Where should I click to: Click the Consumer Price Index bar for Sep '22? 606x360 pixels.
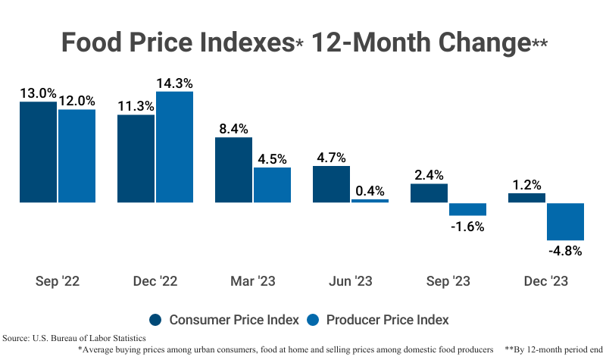pos(38,152)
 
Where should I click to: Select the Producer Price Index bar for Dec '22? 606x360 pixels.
pos(174,147)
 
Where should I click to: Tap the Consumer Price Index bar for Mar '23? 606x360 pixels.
pos(233,170)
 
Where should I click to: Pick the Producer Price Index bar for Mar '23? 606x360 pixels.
pos(272,185)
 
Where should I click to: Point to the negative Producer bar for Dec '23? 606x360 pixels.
pos(565,221)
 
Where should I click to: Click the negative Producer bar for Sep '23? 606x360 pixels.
pos(467,209)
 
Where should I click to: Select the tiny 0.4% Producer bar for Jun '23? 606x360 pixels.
pos(370,201)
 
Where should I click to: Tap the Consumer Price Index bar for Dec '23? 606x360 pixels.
pos(526,198)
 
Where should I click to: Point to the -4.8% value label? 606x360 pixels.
pos(564,251)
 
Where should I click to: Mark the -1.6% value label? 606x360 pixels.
pos(467,226)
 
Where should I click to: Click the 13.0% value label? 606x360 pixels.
pos(38,93)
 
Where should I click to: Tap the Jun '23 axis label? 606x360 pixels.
pos(351,281)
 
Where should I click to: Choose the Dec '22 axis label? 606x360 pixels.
pos(155,281)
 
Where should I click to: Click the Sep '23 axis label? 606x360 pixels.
pos(448,281)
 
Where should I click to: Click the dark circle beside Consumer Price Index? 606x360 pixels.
pos(156,319)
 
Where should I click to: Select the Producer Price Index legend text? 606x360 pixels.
pos(388,319)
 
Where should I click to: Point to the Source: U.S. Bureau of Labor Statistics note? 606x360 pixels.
pos(74,338)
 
